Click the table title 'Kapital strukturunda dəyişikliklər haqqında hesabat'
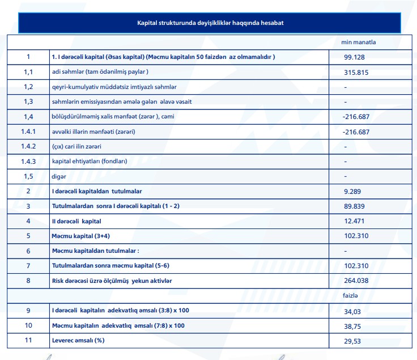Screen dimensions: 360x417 pyautogui.click(x=210, y=23)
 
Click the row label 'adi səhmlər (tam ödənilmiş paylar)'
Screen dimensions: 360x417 pyautogui.click(x=100, y=72)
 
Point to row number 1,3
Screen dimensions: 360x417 pyautogui.click(x=28, y=101)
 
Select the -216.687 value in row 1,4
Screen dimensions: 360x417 pyautogui.click(x=356, y=117)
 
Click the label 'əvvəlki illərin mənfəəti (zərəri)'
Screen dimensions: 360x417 pyautogui.click(x=93, y=132)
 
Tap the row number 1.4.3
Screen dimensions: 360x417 pyautogui.click(x=28, y=161)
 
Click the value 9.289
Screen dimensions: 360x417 pyautogui.click(x=352, y=192)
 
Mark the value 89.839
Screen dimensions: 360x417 pyautogui.click(x=354, y=206)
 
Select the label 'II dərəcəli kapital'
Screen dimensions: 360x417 pyautogui.click(x=76, y=221)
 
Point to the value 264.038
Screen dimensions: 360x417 pyautogui.click(x=356, y=281)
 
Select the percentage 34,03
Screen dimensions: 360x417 pyautogui.click(x=352, y=311)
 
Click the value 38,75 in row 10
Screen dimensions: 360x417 pyautogui.click(x=352, y=326)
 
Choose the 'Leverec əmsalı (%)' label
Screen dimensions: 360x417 pyautogui.click(x=78, y=340)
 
